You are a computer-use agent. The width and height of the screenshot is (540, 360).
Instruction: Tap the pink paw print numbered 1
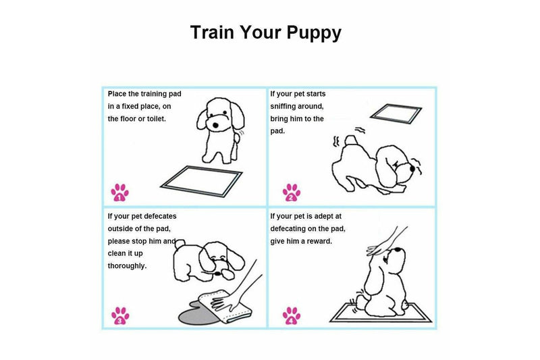pos(119,192)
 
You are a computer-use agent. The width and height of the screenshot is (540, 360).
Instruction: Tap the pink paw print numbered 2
pos(292,192)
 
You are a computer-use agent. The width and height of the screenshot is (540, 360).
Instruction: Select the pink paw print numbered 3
pos(119,315)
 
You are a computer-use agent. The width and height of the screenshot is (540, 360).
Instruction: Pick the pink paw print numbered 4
pos(292,315)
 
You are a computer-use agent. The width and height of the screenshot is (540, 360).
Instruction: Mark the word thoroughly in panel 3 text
pos(128,265)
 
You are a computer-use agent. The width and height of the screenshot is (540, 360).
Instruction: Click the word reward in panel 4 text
pos(318,240)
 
